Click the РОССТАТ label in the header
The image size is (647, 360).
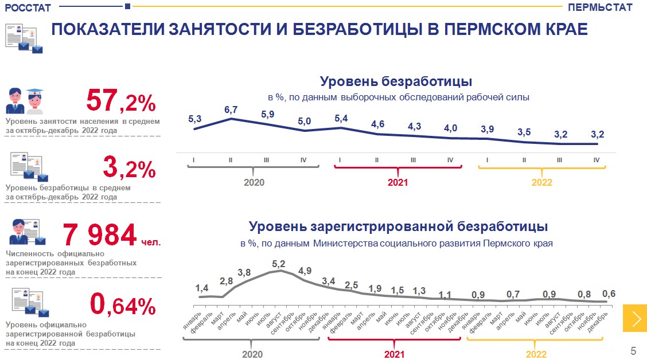28,7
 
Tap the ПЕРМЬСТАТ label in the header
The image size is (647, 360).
600,7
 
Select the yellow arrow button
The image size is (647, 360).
635,318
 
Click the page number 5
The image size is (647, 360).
633,350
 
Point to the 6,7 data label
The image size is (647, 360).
231,109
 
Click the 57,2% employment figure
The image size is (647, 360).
121,101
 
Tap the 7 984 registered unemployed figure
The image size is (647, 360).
100,234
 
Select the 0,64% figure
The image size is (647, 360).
123,305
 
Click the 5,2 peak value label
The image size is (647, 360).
279,264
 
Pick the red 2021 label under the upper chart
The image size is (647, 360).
397,182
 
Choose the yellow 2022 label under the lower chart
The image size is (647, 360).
536,354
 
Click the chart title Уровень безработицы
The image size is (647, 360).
396,81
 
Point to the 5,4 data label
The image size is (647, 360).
341,119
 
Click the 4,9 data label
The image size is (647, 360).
305,271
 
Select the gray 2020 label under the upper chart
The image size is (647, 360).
254,182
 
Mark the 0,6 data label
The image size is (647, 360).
609,294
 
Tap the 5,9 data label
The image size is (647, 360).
268,114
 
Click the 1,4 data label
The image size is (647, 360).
202,288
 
